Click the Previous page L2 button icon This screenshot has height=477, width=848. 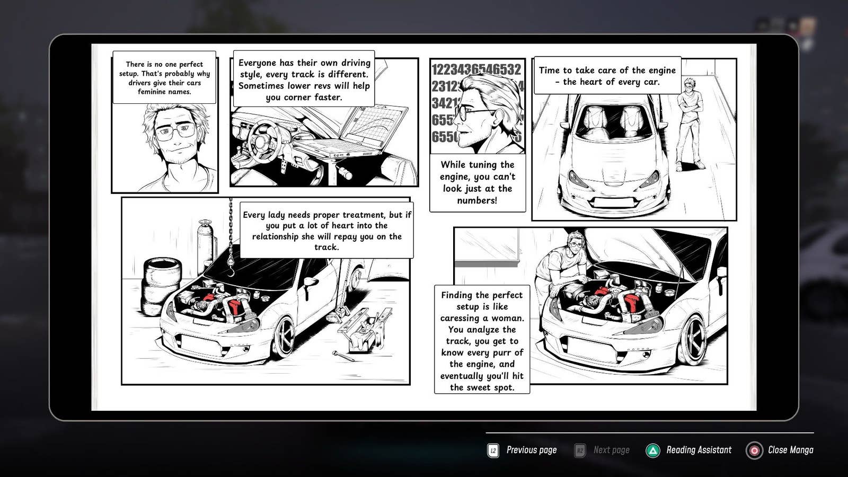[493, 450]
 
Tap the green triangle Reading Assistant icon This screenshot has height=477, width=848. [652, 450]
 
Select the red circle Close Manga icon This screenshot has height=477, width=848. [754, 450]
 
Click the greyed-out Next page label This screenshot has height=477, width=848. [612, 450]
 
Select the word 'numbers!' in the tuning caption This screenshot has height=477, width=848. [477, 200]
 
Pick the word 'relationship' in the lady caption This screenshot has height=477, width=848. [276, 236]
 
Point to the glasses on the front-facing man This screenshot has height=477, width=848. [175, 131]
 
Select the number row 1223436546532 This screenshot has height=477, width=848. [476, 69]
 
